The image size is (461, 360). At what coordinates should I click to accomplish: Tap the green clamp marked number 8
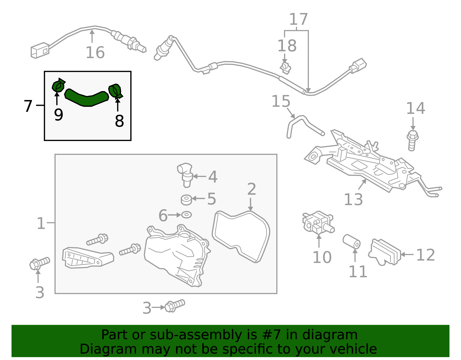(x=115, y=91)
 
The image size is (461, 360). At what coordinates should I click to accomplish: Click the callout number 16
(x=95, y=52)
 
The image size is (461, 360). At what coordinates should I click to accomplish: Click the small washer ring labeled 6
(x=186, y=215)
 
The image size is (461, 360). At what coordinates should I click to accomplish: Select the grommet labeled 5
(x=186, y=199)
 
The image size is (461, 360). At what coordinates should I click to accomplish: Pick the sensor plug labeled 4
(x=185, y=174)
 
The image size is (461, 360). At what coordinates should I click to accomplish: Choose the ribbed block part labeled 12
(x=385, y=252)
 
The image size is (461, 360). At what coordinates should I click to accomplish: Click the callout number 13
(x=353, y=199)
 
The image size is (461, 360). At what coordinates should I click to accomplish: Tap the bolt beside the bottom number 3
(x=174, y=306)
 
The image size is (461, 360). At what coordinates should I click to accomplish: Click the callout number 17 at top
(x=298, y=20)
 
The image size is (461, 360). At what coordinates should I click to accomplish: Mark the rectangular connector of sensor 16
(x=40, y=50)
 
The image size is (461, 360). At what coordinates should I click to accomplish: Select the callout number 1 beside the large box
(x=41, y=223)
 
